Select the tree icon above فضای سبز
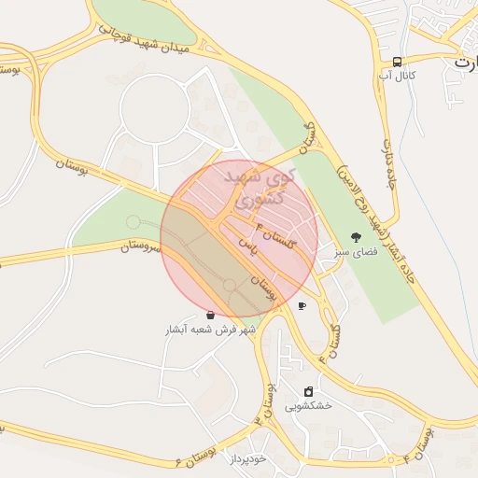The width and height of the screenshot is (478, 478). (355, 237)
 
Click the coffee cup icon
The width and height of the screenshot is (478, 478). (302, 305)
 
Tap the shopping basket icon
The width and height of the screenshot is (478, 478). (210, 316)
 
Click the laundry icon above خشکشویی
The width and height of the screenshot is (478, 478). (308, 391)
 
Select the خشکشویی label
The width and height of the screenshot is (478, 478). (308, 406)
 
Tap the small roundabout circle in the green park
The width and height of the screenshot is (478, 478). (134, 221)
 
